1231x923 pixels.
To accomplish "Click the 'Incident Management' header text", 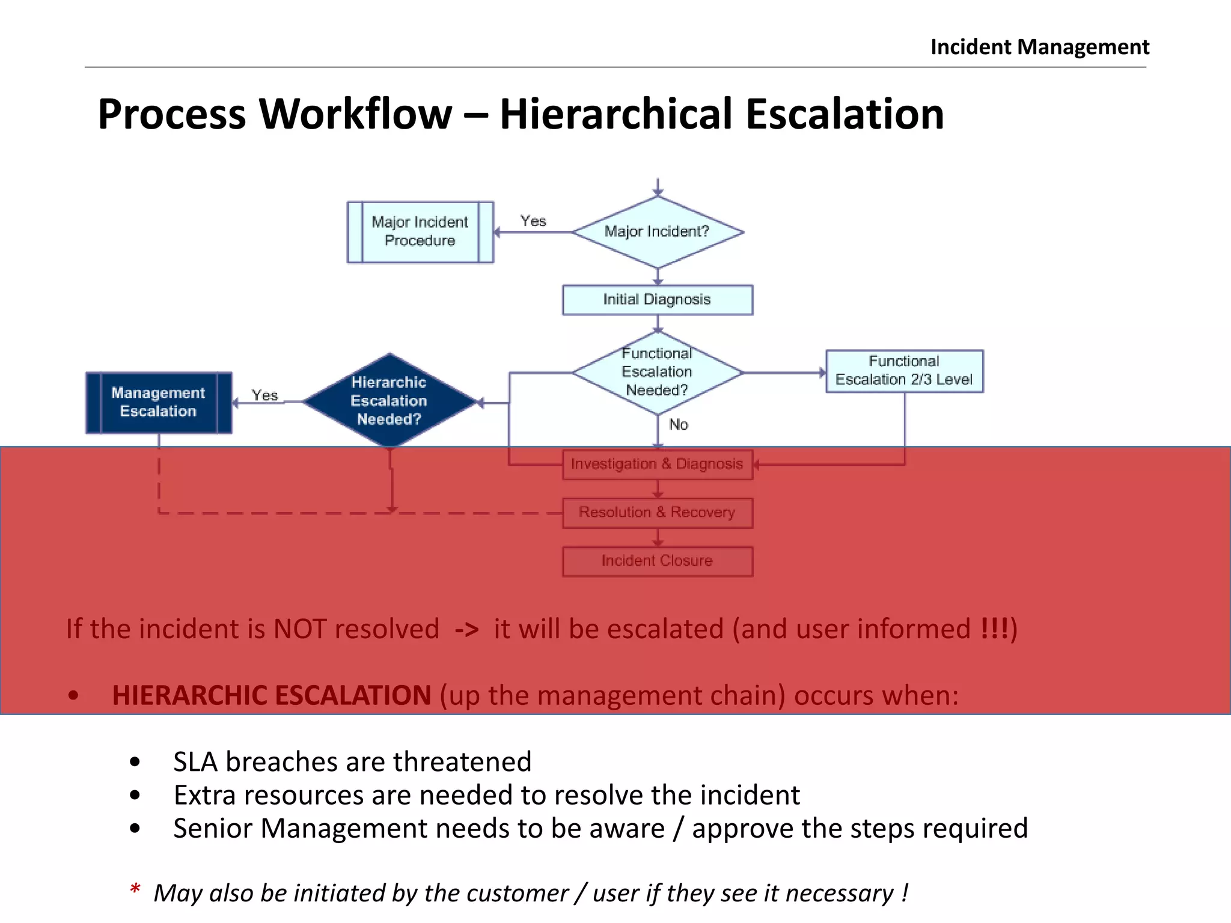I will pyautogui.click(x=1039, y=47).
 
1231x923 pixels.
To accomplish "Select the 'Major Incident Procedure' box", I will pyautogui.click(x=420, y=232).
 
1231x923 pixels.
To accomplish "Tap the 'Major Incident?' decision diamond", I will pyautogui.click(x=658, y=232).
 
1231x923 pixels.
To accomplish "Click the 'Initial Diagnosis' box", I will pyautogui.click(x=657, y=300).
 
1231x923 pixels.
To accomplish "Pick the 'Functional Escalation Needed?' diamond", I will pyautogui.click(x=657, y=373).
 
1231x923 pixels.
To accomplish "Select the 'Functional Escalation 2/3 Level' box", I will pyautogui.click(x=904, y=371).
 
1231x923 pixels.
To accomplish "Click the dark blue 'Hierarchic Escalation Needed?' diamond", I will pyautogui.click(x=389, y=401).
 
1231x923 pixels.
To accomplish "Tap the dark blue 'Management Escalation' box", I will pyautogui.click(x=159, y=402).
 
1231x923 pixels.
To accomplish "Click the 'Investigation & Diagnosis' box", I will pyautogui.click(x=657, y=465).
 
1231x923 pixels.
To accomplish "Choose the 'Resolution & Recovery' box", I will pyautogui.click(x=657, y=513).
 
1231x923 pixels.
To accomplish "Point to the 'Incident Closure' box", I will pyautogui.click(x=657, y=561).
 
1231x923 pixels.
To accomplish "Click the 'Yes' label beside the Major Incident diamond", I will pyautogui.click(x=533, y=221).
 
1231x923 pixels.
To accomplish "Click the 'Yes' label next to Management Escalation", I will pyautogui.click(x=264, y=395).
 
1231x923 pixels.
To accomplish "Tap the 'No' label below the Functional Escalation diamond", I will pyautogui.click(x=679, y=425).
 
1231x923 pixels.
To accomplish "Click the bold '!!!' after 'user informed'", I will pyautogui.click(x=994, y=629).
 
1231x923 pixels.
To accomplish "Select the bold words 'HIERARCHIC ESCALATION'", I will pyautogui.click(x=271, y=696).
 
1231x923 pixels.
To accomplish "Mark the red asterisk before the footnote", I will pyautogui.click(x=135, y=890).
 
